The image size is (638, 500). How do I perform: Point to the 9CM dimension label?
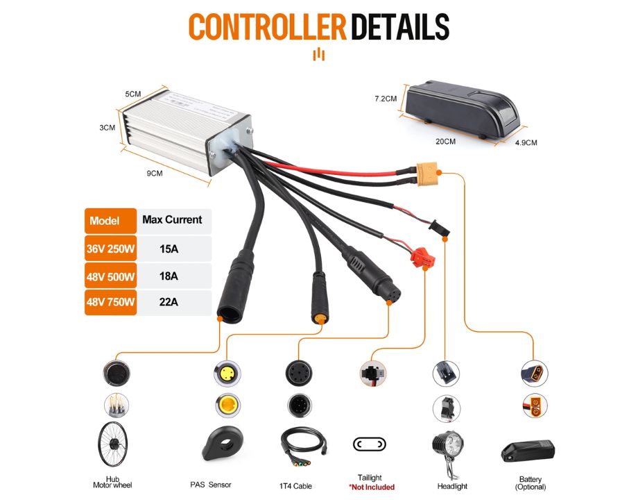click(x=154, y=174)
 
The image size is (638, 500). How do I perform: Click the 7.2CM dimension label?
click(x=386, y=99)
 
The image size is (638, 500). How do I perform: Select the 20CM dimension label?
click(x=446, y=142)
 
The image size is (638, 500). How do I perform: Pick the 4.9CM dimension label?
click(x=526, y=142)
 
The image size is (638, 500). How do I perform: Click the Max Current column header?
click(x=173, y=219)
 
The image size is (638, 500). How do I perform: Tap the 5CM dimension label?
click(x=133, y=94)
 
